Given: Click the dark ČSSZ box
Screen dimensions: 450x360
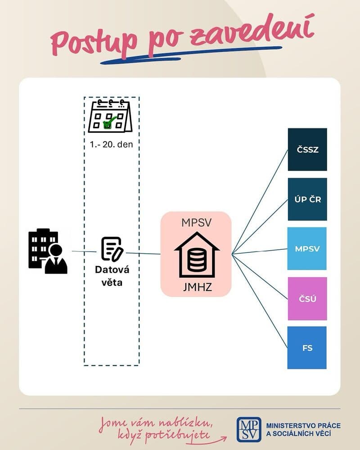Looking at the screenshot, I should (x=307, y=149).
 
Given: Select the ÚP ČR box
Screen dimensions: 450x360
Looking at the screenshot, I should (x=307, y=199).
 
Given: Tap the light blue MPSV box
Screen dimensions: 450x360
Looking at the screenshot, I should (x=307, y=248).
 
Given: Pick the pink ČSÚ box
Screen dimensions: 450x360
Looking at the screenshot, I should (x=307, y=298).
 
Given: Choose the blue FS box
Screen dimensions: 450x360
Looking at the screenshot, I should (x=307, y=347).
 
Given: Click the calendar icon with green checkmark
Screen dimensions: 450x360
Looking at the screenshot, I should (x=109, y=117).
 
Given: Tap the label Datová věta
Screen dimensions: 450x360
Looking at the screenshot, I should (x=112, y=276).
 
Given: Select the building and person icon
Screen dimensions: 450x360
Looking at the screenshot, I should (x=48, y=252).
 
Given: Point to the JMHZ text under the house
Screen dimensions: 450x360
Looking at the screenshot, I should (x=197, y=286).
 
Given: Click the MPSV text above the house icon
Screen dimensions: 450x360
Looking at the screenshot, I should (x=197, y=223).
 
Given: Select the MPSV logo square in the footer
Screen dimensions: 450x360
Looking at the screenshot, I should (x=249, y=429).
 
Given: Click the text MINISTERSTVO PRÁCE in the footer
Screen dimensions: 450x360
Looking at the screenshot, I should (x=304, y=425).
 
